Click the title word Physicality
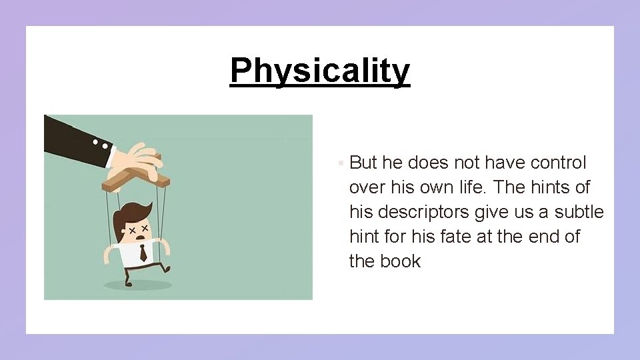(x=320, y=71)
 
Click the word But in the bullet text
(x=364, y=163)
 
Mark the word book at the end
(x=401, y=261)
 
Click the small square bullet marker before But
(x=340, y=163)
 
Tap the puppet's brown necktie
(x=143, y=253)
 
